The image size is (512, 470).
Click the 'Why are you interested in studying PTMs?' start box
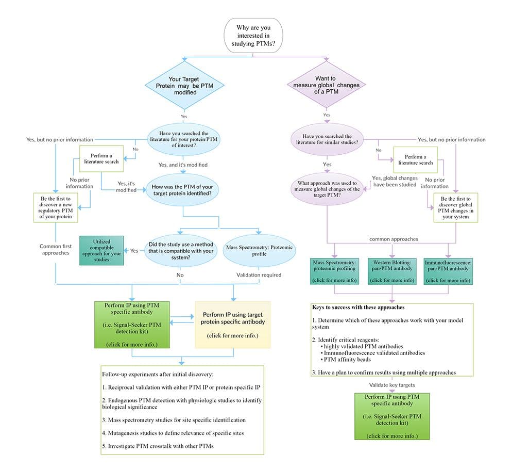252,35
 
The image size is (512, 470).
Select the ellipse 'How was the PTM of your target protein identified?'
183,189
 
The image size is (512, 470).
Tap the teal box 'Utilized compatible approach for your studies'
101,251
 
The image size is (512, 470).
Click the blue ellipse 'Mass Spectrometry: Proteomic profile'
259,251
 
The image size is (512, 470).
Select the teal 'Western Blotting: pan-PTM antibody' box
392,271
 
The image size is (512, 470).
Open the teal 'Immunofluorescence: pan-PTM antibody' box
448,271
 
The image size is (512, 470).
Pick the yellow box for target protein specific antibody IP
233,325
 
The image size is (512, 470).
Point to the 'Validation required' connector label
259,275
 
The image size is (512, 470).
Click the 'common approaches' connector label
393,239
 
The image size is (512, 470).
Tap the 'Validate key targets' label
392,384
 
